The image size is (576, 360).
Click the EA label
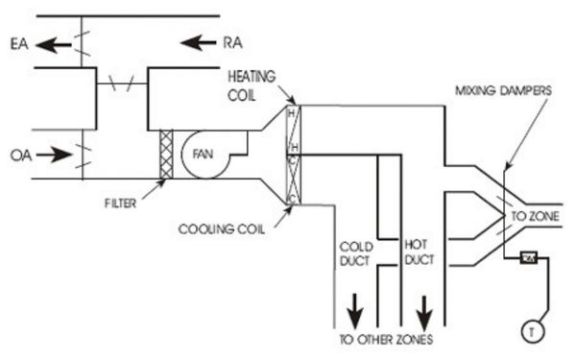pos(17,42)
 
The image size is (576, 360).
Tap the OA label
pos(17,155)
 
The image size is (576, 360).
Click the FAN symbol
pos(203,154)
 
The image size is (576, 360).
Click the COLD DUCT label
pos(355,252)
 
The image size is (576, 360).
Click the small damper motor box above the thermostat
pos(527,258)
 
